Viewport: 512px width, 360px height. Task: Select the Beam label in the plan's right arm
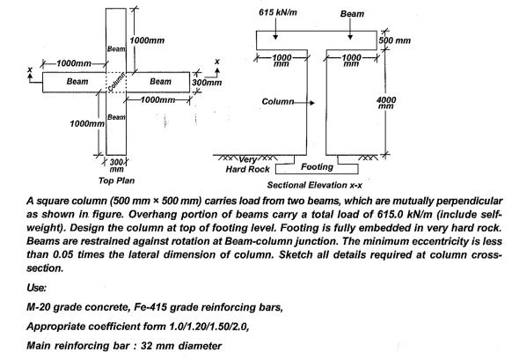pos(161,81)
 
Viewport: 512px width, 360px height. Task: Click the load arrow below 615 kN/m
pos(276,31)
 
